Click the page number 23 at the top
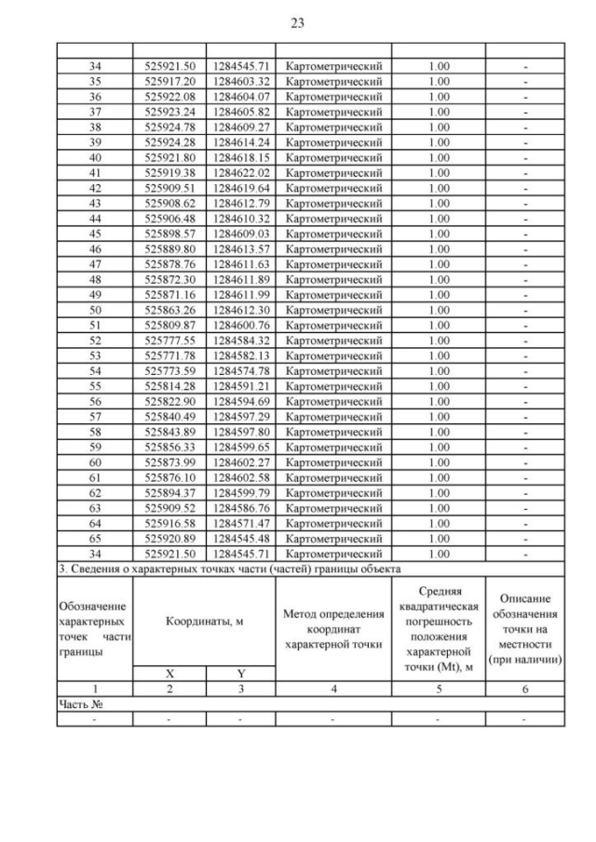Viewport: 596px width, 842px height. [297, 22]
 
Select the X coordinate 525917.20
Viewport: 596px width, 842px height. [169, 82]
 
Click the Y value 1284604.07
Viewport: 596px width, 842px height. [240, 97]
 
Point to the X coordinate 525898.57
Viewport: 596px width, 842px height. [169, 233]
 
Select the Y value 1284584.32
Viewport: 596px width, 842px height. [240, 339]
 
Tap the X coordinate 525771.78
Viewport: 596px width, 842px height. [169, 354]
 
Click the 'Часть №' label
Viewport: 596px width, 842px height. [79, 704]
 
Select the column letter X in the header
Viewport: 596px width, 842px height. [169, 673]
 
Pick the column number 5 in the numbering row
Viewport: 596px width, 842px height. [439, 688]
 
